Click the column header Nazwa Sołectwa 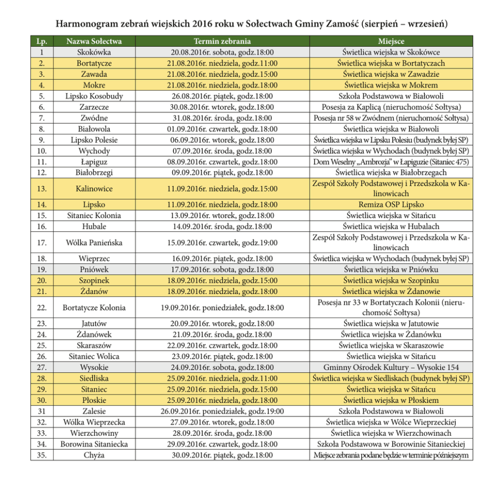(94, 41)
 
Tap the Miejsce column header (391, 41)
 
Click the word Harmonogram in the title (92, 24)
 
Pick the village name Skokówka (94, 52)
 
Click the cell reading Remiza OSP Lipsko (391, 204)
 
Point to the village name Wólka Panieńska (94, 243)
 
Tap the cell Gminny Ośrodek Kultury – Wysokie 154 (391, 367)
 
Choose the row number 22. (42, 307)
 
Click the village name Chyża (94, 455)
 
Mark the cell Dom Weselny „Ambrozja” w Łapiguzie (391, 162)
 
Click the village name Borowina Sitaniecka (94, 444)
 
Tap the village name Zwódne (94, 117)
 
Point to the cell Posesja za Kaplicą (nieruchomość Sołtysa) (391, 107)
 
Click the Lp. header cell (42, 41)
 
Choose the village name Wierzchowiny (94, 433)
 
